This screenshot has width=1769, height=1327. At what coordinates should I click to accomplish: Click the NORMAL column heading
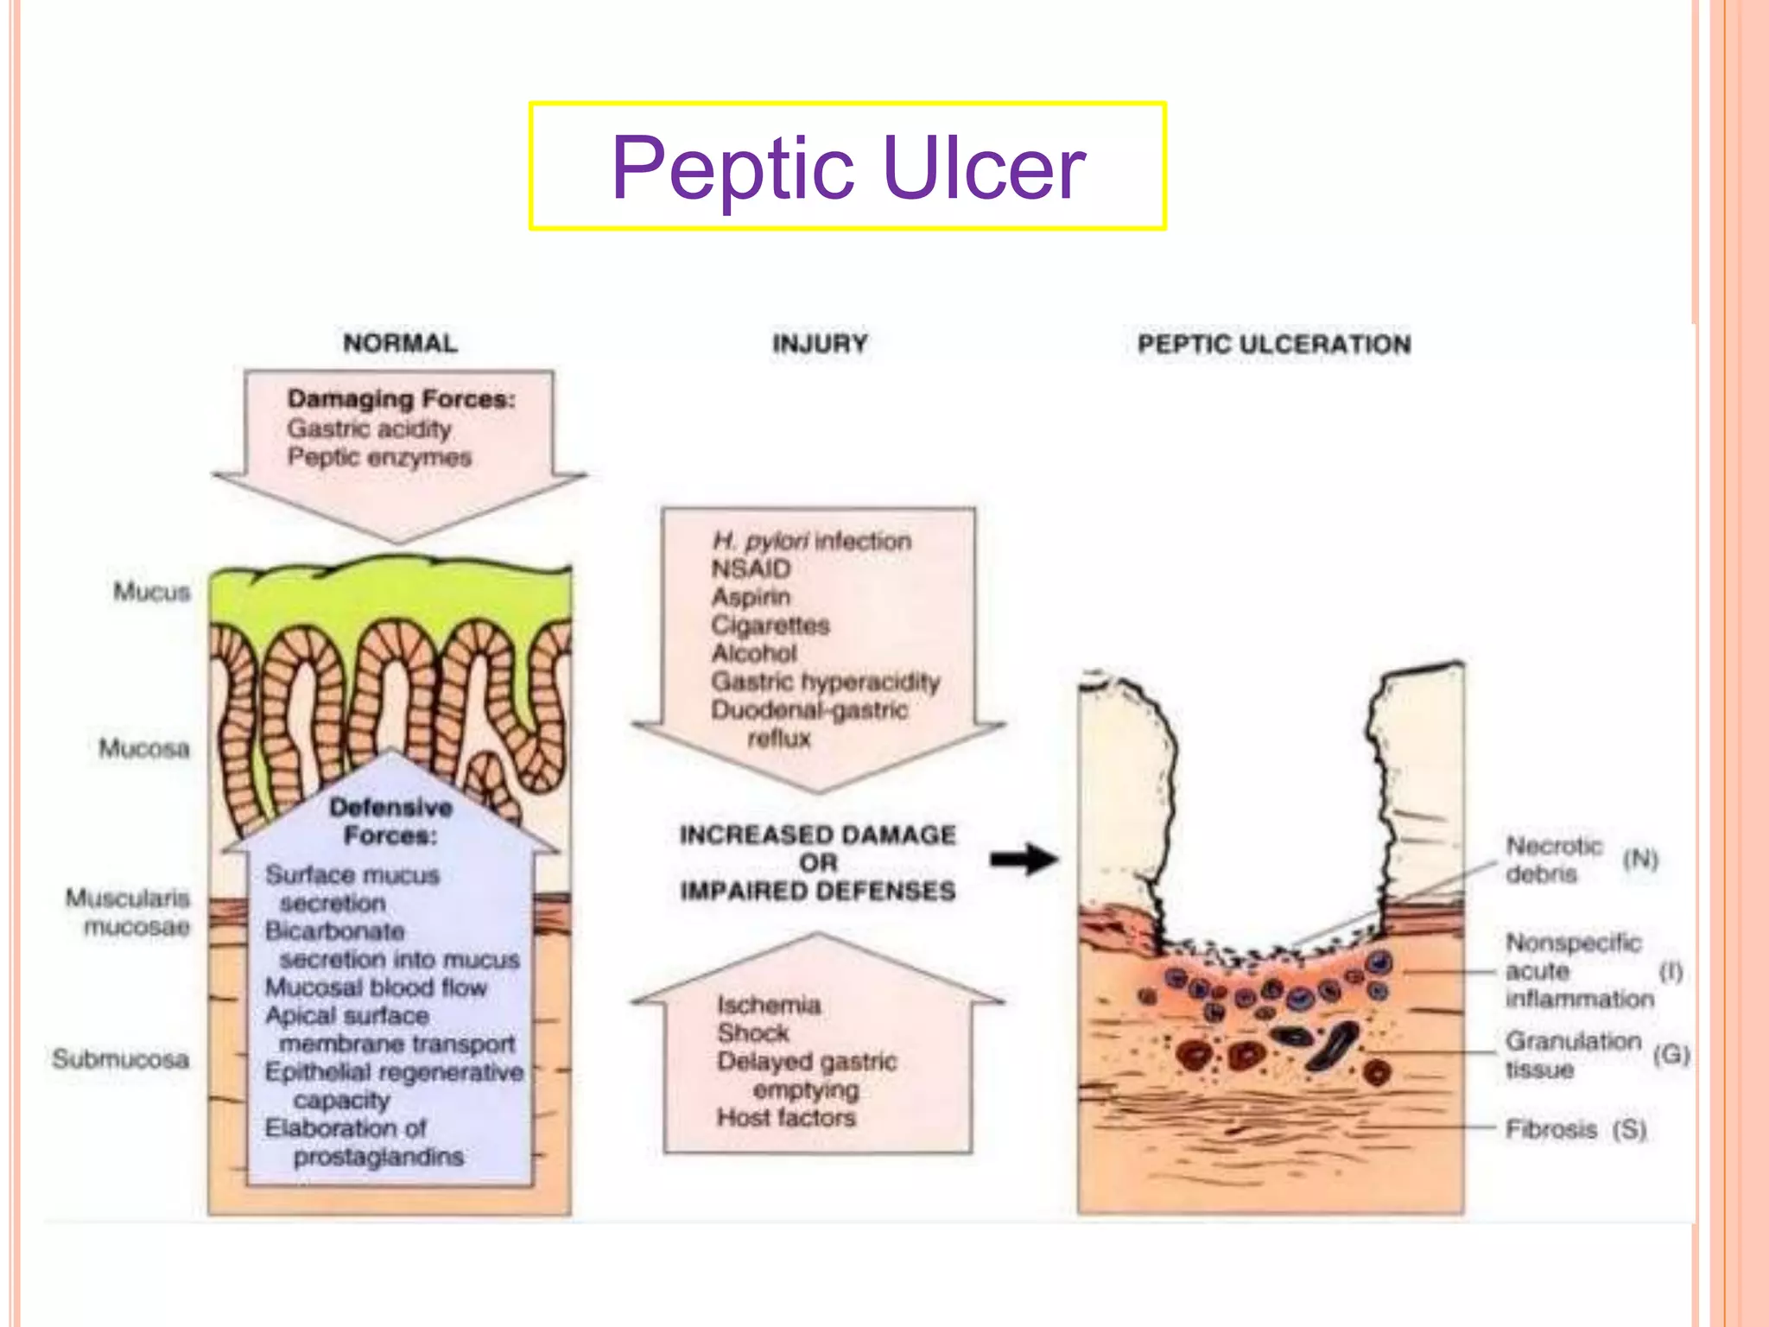point(400,343)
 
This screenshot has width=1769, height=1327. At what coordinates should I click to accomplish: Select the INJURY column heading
point(820,344)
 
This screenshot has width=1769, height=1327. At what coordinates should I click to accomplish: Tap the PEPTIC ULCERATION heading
point(1274,344)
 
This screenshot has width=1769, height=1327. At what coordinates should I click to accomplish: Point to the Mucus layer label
point(151,592)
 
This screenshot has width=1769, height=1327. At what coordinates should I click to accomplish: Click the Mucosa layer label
point(144,748)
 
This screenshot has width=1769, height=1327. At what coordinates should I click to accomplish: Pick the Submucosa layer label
point(121,1058)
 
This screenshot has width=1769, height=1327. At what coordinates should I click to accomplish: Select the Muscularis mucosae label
point(129,912)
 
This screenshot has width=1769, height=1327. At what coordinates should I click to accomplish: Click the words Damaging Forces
point(401,399)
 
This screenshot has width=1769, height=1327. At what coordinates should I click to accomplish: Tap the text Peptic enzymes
point(379,457)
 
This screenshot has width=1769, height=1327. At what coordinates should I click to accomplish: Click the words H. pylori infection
point(811,541)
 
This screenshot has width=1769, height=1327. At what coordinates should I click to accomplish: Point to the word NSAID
point(751,568)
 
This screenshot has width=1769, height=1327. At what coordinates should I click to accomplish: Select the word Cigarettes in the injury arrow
point(770,625)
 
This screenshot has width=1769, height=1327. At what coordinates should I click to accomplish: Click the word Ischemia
point(769,1005)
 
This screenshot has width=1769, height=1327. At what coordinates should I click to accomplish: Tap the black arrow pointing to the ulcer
point(1024,860)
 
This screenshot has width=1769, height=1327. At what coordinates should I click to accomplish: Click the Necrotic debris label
point(1553,860)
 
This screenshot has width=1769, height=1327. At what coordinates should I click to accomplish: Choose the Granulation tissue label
point(1572,1055)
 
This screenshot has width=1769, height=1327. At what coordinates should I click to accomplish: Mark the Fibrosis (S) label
point(1576,1129)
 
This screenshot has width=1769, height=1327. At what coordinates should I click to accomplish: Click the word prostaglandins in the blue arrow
point(378,1156)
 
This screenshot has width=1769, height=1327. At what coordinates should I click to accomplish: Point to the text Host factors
point(786,1118)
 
